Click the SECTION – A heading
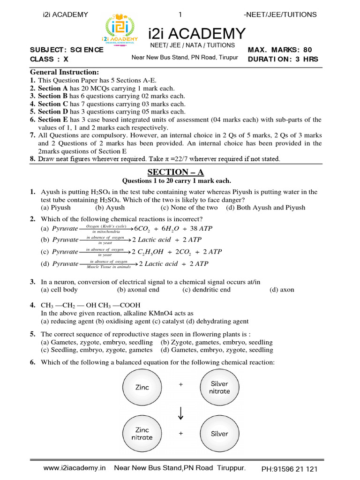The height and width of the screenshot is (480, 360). (180, 172)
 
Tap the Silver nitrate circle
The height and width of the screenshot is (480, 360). (219, 388)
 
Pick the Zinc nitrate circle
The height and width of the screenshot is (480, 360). (142, 434)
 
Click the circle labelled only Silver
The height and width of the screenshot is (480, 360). (219, 434)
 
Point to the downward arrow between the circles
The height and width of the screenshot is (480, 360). (181, 411)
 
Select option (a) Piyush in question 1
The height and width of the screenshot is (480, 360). (56, 207)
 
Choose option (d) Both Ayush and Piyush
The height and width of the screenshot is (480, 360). (265, 207)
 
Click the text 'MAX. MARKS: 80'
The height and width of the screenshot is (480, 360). (279, 50)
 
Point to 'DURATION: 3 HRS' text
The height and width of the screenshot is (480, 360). (283, 59)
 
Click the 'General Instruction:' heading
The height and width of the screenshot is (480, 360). (65, 72)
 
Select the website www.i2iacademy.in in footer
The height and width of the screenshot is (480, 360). (75, 468)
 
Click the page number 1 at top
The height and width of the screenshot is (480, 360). (180, 15)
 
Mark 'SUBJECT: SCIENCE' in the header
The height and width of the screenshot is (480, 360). (67, 50)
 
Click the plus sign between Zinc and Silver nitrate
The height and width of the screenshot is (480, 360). (180, 384)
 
